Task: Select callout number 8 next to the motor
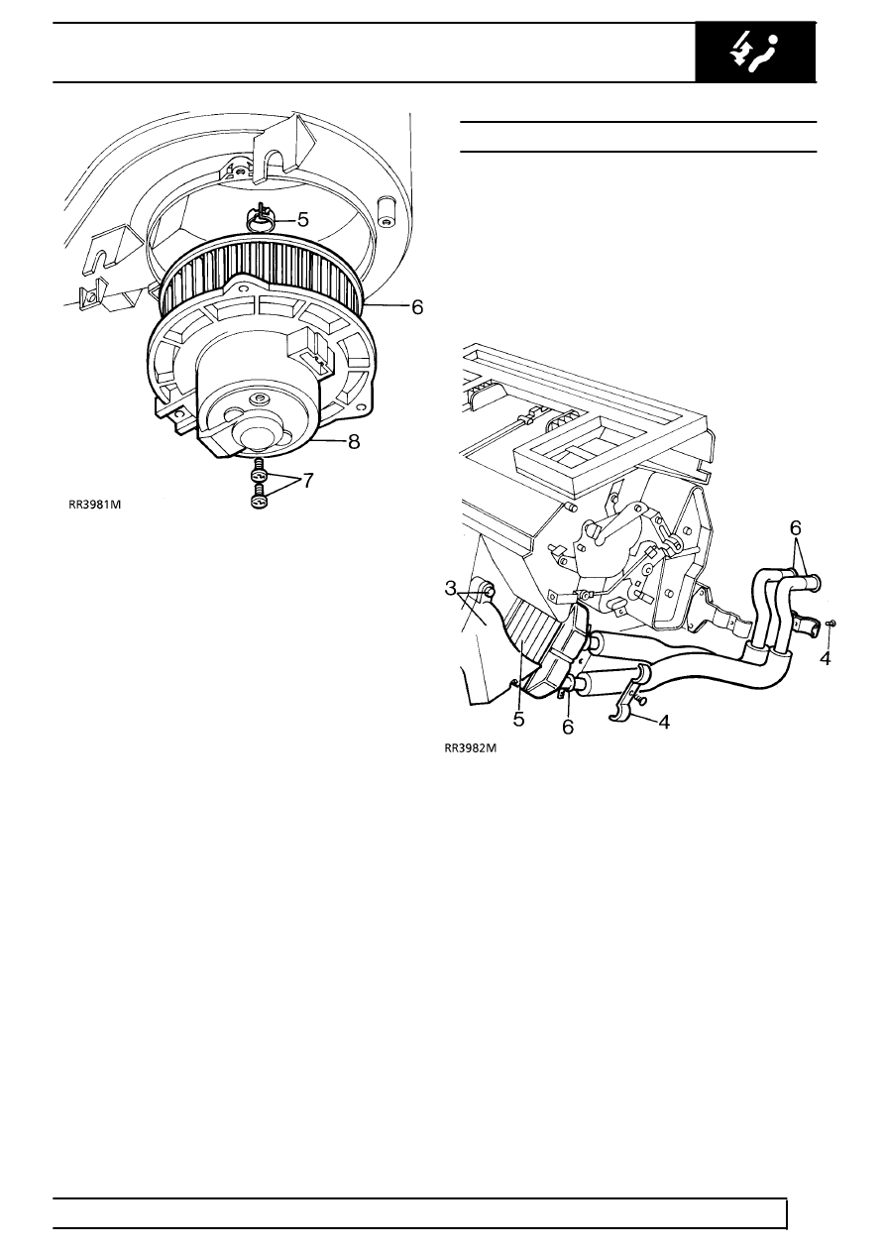pos(354,442)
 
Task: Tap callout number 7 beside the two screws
pos(308,480)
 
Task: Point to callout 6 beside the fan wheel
pos(417,308)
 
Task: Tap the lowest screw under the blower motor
pos(259,502)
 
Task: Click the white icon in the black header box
pos(756,51)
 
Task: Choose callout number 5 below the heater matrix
pos(518,720)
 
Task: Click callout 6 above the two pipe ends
pos(796,529)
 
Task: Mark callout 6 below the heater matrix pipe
pos(567,726)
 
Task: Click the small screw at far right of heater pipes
pos(830,623)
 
